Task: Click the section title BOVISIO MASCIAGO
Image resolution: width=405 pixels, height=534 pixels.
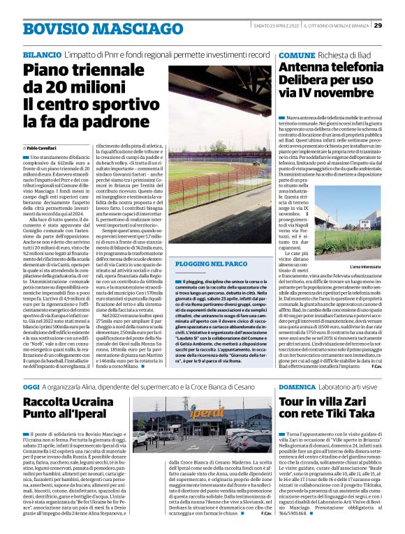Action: click(87, 28)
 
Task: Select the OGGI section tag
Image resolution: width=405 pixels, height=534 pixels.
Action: click(31, 386)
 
